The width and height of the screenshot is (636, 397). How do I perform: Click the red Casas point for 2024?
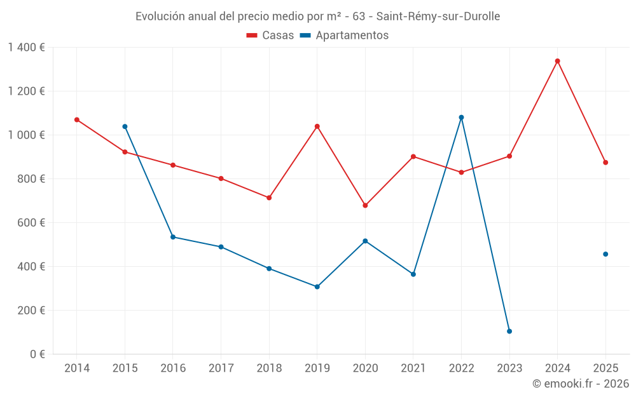pos(557,61)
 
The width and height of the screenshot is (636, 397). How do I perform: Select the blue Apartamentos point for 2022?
pos(461,118)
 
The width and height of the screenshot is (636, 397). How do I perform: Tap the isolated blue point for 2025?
pos(605,254)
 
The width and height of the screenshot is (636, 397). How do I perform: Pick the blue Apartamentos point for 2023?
pos(509,331)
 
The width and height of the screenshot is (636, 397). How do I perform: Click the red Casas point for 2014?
pos(77,119)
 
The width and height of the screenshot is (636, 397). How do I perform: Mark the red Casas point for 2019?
pos(317,126)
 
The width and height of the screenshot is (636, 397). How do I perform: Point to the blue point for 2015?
pos(125,126)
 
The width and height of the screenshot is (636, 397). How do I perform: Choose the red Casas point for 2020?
pos(365,205)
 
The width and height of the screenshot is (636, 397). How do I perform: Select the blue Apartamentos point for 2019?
pos(317,286)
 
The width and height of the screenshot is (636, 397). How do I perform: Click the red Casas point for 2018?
pos(269,198)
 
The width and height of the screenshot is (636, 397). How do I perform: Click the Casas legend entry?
pos(270,36)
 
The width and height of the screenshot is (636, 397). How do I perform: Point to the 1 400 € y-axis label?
pos(26,47)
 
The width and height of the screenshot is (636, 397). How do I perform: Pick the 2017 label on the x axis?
pos(221,368)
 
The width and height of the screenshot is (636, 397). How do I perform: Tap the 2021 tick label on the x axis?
pos(413,368)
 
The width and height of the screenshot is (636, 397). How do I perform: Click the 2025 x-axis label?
pos(605,368)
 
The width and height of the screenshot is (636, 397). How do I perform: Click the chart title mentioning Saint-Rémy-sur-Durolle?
pos(317,17)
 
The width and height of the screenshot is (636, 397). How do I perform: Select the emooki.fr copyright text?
pos(580,384)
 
